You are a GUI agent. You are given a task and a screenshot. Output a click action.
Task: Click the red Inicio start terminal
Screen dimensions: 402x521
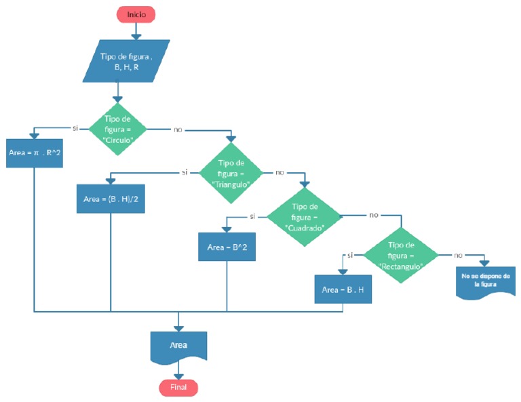136,14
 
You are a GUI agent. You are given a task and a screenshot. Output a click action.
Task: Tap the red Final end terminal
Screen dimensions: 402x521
178,387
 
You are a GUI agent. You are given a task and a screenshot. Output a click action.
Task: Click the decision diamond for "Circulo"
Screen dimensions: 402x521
118,128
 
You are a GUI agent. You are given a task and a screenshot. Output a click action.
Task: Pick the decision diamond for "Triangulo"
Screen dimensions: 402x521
231,172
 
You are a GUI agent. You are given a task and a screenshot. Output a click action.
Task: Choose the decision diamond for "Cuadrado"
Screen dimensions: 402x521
304,216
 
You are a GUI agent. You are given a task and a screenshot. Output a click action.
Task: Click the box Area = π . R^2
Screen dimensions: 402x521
35,153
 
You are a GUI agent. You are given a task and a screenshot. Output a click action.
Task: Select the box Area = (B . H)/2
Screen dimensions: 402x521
110,199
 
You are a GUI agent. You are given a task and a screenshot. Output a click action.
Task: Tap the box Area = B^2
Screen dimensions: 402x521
227,247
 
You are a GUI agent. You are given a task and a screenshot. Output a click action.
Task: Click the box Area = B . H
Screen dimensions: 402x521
343,289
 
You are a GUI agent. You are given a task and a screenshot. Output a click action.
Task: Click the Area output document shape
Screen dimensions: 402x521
178,346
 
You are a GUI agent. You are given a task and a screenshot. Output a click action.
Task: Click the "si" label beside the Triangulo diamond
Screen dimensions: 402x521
184,172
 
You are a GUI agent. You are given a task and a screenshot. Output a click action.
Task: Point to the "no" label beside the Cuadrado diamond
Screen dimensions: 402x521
372,215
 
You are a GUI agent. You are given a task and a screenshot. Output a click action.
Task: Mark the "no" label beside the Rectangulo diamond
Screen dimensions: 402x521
459,255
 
